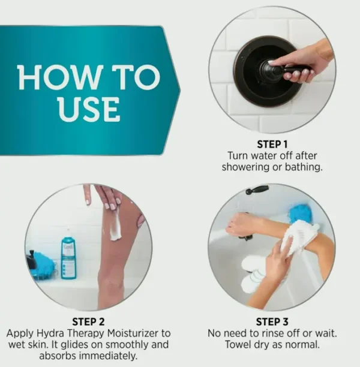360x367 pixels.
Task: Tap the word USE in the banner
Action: [89, 110]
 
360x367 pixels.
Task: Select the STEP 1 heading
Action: [272, 144]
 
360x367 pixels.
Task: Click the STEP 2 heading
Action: [88, 322]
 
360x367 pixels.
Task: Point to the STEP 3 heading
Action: [272, 322]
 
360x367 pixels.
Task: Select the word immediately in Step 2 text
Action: [108, 356]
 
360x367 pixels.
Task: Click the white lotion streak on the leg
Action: [116, 225]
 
